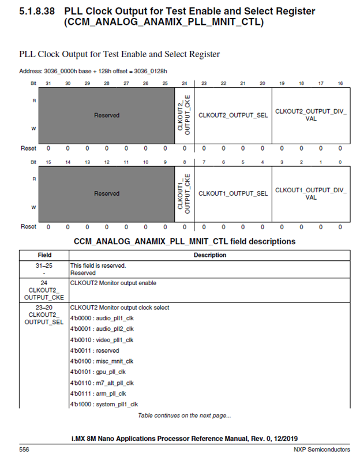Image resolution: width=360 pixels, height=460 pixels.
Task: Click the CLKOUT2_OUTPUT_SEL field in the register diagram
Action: pos(233,115)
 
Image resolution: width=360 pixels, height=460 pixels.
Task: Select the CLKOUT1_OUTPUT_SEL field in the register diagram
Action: pos(233,193)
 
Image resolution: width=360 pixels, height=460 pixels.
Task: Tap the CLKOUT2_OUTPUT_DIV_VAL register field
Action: pos(310,114)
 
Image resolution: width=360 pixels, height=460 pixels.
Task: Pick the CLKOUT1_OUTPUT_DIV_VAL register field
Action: pos(310,193)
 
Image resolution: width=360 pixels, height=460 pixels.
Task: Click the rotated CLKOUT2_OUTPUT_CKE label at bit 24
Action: pos(185,115)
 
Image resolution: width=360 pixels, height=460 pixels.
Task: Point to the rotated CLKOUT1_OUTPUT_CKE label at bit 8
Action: pos(185,193)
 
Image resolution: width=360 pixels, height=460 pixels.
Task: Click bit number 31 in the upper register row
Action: pos(48,84)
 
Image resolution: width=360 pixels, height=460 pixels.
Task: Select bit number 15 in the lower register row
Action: pos(48,162)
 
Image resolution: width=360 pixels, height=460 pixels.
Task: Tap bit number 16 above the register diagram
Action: pos(340,84)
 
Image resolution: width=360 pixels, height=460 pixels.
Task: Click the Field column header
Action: pos(44,255)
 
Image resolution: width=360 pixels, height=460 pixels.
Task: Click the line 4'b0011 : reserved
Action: pos(95,350)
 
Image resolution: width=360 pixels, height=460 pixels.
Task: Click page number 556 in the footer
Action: pos(24,448)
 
